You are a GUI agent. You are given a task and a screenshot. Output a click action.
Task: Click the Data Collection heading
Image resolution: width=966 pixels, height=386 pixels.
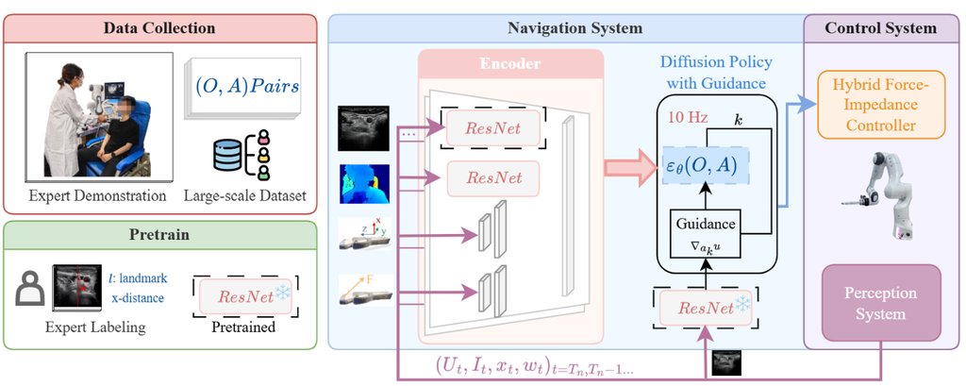click(x=158, y=28)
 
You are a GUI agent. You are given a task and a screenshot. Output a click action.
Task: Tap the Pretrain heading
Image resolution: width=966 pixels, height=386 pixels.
click(x=158, y=235)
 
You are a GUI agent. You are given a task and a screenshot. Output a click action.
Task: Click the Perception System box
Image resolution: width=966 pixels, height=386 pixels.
click(x=881, y=303)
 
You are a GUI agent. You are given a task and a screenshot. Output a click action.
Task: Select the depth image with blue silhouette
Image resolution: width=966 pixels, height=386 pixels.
click(x=363, y=183)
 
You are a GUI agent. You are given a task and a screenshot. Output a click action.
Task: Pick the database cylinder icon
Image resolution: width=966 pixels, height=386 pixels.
click(x=227, y=155)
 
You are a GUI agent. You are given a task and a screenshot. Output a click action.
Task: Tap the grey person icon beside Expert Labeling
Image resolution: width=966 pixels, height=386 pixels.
click(x=29, y=287)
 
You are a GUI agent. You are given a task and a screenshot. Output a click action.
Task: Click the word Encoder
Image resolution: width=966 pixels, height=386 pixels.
click(x=511, y=63)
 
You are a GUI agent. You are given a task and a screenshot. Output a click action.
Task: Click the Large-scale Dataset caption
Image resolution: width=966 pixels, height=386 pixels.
click(x=244, y=196)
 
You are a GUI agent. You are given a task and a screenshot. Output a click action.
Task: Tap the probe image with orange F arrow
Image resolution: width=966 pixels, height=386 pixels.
click(x=366, y=290)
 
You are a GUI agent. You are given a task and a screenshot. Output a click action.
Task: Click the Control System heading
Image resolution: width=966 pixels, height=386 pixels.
click(x=880, y=28)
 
